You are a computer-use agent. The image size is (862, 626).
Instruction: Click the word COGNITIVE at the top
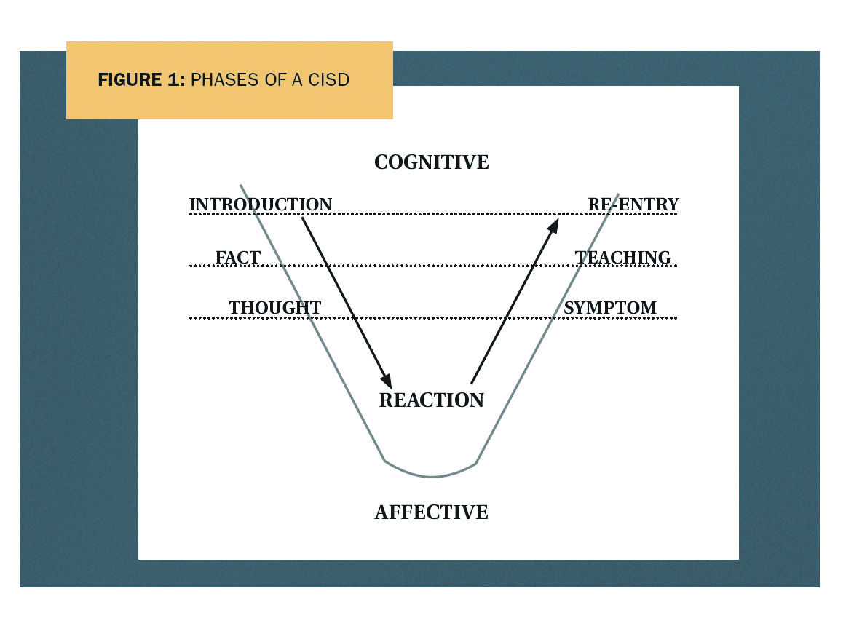click(432, 162)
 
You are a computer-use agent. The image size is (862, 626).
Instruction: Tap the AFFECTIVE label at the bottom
click(432, 512)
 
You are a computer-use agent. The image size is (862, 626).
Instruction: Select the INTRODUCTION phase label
click(261, 204)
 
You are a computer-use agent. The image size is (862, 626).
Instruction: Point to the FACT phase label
click(237, 257)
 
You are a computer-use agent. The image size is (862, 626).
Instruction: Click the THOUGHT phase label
click(275, 307)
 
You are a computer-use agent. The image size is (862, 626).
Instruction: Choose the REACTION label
click(432, 400)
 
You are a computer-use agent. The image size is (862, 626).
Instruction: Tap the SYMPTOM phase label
click(610, 307)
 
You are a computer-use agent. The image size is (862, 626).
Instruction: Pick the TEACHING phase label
click(623, 257)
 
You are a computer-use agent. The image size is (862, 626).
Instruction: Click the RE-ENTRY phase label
click(633, 204)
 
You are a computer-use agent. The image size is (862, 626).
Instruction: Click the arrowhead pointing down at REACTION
click(387, 381)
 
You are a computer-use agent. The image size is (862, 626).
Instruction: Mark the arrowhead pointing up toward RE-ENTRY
click(553, 226)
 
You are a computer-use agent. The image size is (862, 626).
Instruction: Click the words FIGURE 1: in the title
click(141, 79)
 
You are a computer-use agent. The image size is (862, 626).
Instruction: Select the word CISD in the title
click(329, 79)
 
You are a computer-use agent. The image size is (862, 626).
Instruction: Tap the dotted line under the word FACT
click(433, 266)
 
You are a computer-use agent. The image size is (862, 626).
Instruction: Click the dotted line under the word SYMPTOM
click(433, 317)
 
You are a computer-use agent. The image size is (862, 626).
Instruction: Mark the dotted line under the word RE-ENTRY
click(433, 214)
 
